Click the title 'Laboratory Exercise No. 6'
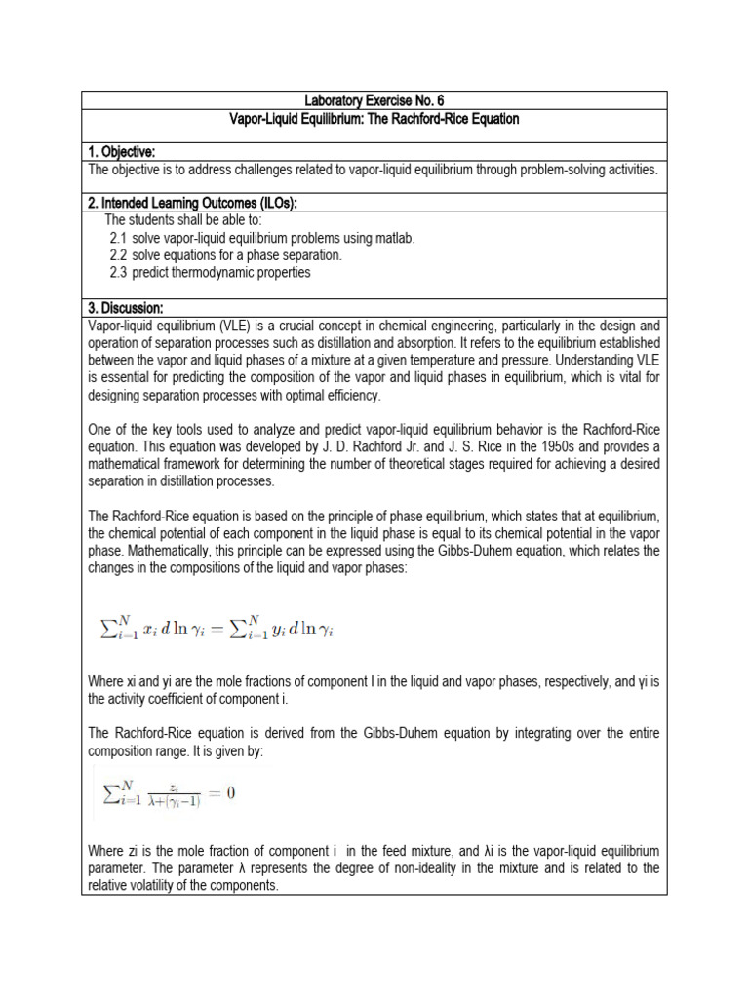click(x=374, y=100)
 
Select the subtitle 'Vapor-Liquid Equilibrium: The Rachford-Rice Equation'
click(x=374, y=119)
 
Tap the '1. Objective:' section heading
click(x=122, y=151)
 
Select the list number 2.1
click(x=119, y=238)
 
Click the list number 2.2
click(x=119, y=255)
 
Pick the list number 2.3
click(x=119, y=273)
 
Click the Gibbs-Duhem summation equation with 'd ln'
click(x=217, y=629)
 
